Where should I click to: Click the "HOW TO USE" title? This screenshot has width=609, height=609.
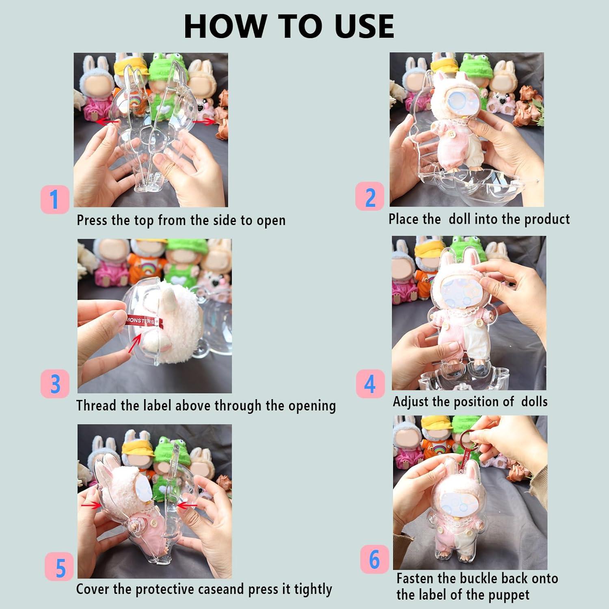click(289, 26)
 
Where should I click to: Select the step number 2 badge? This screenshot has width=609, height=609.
click(369, 197)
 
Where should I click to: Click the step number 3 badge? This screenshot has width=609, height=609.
click(55, 384)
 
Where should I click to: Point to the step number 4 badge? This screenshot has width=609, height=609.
click(370, 384)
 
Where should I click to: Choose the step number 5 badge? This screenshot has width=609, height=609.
click(60, 567)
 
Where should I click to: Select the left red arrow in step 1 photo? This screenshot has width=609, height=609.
click(108, 121)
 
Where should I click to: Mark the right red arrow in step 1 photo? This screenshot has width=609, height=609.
click(203, 121)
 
